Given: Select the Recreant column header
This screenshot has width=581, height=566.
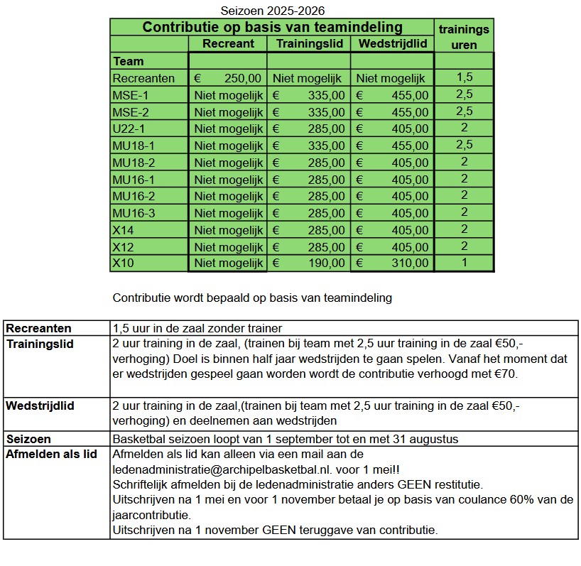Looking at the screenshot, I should coord(228,44).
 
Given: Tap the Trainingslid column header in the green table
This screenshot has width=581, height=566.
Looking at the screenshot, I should coord(309,44).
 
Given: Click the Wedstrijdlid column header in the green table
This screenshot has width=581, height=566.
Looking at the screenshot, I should coord(393,44).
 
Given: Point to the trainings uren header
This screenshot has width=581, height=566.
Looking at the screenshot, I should coord(464,36).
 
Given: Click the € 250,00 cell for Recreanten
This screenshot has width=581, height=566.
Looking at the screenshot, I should coord(228,78).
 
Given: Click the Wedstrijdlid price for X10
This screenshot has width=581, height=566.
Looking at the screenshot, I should coord(393,263).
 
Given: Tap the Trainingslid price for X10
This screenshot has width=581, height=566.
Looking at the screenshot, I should coord(309,263).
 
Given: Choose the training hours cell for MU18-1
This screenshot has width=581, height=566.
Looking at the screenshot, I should coord(464,145).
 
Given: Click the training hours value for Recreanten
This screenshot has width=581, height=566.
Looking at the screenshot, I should coord(464,77).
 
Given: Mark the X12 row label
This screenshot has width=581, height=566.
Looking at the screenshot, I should coord(123,246).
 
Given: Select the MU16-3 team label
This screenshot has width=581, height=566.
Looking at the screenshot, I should coord(134,213).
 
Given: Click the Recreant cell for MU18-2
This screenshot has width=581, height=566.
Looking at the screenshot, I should coord(228,163).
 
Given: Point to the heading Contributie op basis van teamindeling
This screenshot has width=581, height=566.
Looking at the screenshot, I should coord(273,27).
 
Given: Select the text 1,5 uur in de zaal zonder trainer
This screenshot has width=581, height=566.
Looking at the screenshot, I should coord(197,328).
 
